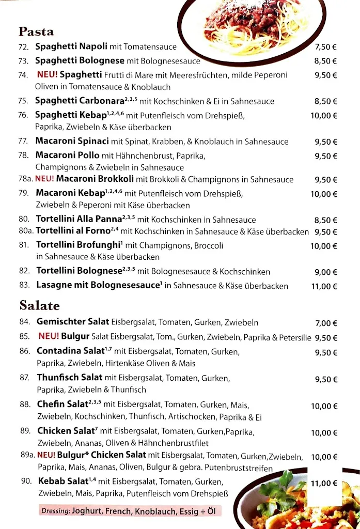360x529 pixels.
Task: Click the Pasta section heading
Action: click(x=36, y=32)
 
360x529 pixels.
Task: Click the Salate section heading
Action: click(x=40, y=305)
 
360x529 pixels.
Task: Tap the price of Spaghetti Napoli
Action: click(x=325, y=47)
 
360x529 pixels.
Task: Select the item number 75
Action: click(x=23, y=101)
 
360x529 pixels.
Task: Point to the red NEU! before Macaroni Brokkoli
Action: click(x=44, y=179)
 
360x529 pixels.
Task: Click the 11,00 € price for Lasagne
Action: click(x=324, y=286)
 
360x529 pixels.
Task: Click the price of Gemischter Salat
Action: click(x=326, y=323)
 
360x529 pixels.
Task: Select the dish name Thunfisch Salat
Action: click(x=70, y=378)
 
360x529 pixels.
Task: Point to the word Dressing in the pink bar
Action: click(x=55, y=511)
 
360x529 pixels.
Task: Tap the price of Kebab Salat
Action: click(x=324, y=484)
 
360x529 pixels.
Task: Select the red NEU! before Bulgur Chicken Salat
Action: click(x=46, y=455)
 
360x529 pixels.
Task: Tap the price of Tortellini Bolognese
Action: click(x=325, y=272)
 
